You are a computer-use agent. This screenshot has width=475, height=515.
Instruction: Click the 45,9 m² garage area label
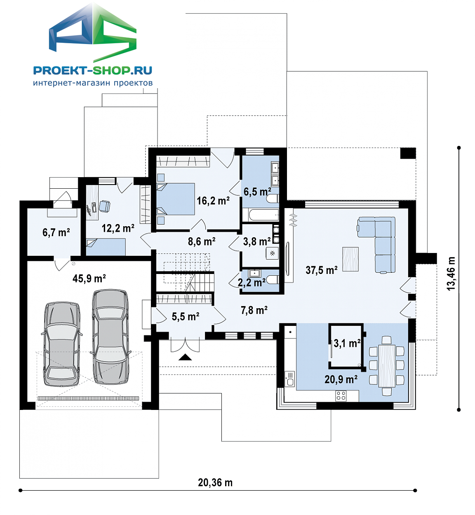pos(89,278)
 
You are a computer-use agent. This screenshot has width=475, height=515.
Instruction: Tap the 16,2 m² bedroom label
pos(213,201)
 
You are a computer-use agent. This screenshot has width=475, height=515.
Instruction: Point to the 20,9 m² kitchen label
pos(341,379)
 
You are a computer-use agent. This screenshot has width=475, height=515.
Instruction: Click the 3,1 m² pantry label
pos(347,343)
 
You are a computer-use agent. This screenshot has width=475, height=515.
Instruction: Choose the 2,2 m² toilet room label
pos(252,283)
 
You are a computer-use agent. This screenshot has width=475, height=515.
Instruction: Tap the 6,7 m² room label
pos(56,232)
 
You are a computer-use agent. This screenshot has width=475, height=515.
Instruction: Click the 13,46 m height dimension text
pos(451,274)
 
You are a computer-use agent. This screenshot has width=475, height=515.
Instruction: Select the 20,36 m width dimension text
pos(215,482)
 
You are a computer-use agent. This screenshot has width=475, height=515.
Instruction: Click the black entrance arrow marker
pos(185,357)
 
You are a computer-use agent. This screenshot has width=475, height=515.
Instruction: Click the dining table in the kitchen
pos(387,366)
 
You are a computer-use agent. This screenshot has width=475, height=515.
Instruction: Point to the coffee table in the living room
pos(350,259)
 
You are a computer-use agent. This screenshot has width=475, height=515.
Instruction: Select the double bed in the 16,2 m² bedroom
pos(176,199)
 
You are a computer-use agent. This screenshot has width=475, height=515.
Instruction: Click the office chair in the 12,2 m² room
pos(104,206)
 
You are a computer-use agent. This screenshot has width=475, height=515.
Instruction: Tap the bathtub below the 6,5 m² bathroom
pos(261,215)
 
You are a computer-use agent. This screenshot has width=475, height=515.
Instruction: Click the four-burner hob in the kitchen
pos(341,396)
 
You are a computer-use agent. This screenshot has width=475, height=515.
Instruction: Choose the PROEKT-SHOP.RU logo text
pos(92,70)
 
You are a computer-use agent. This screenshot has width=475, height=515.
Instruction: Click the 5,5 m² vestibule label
pos(185,316)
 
